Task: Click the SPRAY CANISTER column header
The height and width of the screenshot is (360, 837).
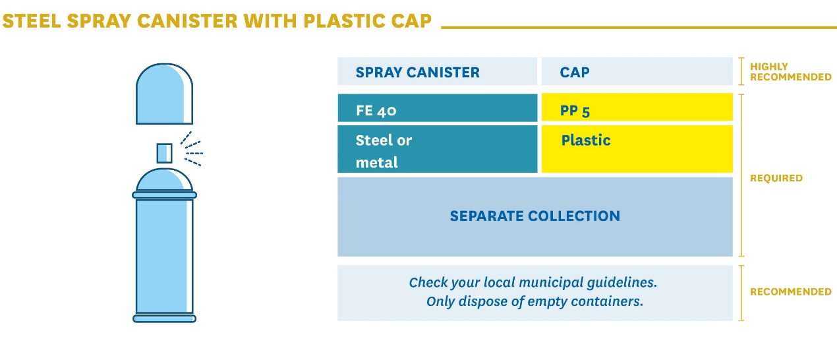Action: point(417,72)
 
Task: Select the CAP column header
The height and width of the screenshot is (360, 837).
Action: point(575,72)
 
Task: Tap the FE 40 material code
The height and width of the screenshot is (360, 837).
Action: point(376,111)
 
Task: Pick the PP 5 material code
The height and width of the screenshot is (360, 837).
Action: point(575,111)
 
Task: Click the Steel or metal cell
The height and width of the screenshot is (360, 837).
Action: point(384,152)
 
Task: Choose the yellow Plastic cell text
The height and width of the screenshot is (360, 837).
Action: point(585,140)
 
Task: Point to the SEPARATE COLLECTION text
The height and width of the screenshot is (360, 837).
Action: point(534,216)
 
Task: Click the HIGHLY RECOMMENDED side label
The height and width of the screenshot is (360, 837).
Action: point(791,72)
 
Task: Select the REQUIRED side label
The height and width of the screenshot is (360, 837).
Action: point(776,178)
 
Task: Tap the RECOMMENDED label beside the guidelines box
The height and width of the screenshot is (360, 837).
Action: point(791,291)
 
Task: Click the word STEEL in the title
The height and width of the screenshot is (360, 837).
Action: point(32,20)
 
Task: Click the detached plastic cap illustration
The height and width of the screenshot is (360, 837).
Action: point(164,94)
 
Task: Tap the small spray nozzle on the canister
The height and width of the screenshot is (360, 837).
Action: point(164,153)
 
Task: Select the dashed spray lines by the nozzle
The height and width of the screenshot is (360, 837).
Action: point(191,149)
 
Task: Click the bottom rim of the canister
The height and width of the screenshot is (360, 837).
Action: point(164,318)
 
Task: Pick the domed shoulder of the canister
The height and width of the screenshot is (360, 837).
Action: point(164,179)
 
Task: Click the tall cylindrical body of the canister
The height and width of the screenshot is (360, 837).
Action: point(164,256)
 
